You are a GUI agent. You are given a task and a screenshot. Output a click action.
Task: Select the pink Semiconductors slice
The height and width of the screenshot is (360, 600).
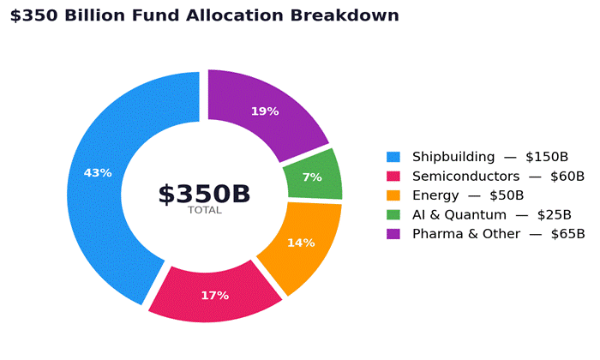(214, 297)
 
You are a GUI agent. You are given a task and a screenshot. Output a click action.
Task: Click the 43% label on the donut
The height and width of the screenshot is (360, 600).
(98, 173)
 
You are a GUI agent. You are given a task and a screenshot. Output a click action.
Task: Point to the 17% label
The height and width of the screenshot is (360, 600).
(214, 296)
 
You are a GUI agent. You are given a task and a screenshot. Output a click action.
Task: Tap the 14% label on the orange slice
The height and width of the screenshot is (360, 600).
(301, 243)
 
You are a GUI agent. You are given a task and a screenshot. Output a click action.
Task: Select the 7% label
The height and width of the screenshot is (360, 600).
(312, 177)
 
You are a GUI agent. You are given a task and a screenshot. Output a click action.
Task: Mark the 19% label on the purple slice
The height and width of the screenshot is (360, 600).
(265, 111)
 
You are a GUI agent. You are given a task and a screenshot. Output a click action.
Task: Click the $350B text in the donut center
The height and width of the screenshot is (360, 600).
(204, 194)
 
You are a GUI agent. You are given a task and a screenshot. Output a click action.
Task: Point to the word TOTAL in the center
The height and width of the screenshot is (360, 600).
(204, 210)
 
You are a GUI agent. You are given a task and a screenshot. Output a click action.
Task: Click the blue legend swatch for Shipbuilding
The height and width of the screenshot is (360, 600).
(393, 157)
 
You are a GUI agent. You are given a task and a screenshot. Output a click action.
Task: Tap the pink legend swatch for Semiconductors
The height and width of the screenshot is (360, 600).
(393, 177)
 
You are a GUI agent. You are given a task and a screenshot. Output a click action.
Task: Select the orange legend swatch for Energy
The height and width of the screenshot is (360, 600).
(393, 195)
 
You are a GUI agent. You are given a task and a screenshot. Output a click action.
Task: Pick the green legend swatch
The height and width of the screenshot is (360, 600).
(393, 215)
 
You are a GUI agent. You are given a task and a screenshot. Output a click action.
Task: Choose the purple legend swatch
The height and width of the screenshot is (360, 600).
(393, 234)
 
